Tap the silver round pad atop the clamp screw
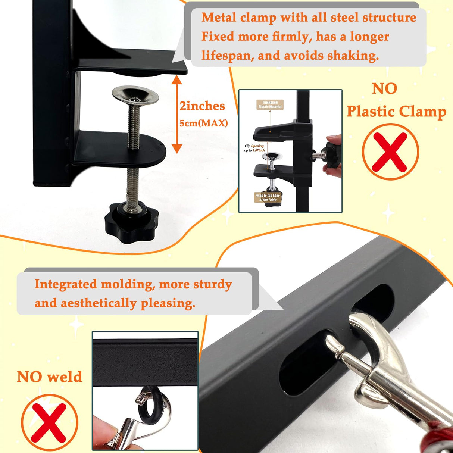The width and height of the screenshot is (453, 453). click(135, 95)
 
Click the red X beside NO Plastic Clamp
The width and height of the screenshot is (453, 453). click(390, 151)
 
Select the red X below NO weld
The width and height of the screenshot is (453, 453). click(49, 422)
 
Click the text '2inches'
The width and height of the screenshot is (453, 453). click(202, 106)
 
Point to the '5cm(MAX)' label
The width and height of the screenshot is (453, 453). click(204, 123)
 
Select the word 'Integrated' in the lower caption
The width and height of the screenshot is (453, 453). click(66, 284)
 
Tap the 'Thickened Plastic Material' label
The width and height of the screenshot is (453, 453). click(270, 104)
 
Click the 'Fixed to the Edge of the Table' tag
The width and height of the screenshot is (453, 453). click(268, 197)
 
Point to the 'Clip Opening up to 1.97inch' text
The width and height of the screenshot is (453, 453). click(254, 148)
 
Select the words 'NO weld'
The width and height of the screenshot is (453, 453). click(49, 377)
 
